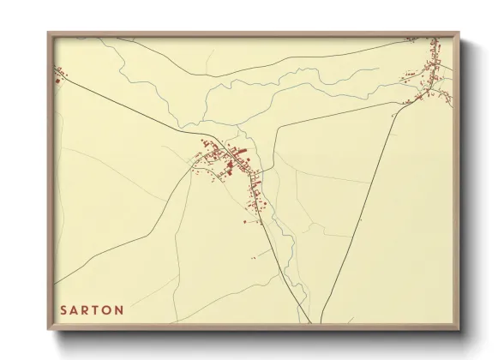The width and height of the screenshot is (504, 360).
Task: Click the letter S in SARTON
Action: click(x=63, y=309)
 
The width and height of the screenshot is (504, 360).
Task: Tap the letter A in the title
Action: click(x=75, y=309)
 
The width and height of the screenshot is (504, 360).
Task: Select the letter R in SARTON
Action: click(x=87, y=309)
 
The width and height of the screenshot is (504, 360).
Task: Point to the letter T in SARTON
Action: click(x=99, y=309)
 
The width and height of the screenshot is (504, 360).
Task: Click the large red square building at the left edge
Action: click(x=57, y=82)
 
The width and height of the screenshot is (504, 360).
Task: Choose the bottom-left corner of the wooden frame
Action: click(x=49, y=328)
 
